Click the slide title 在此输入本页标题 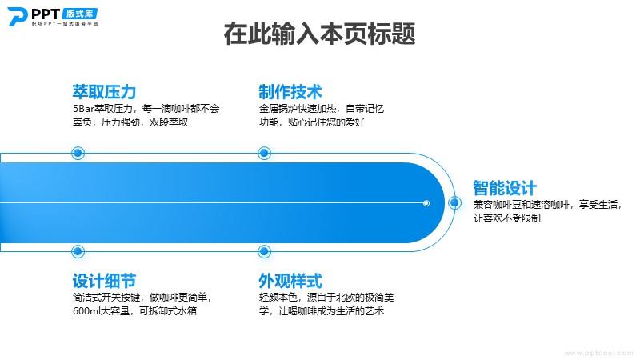click(319, 34)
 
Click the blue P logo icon click(17, 17)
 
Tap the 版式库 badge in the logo click(80, 14)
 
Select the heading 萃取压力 click(104, 92)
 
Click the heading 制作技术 click(290, 92)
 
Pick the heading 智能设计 click(505, 188)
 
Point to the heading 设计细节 click(104, 281)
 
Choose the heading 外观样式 click(290, 281)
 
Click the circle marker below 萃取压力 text click(78, 153)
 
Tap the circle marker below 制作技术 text click(265, 153)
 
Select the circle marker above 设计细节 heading click(78, 251)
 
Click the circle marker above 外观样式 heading click(265, 251)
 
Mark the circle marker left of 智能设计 click(454, 203)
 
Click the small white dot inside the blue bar click(426, 203)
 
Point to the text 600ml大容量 click(102, 311)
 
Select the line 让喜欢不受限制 click(507, 218)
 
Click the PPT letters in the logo click(46, 14)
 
